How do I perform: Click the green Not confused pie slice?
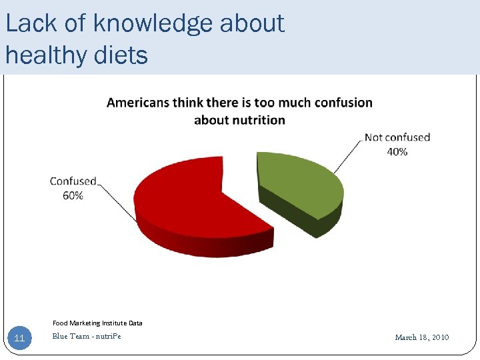300,183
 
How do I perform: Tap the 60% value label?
73,195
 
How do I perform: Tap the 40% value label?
397,151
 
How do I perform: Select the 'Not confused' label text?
397,138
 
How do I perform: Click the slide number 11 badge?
19,338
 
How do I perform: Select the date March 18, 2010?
422,337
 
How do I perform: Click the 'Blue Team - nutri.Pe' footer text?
87,336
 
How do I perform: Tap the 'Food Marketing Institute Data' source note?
97,323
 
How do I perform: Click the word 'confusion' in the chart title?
342,103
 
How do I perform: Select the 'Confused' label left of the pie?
73,181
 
